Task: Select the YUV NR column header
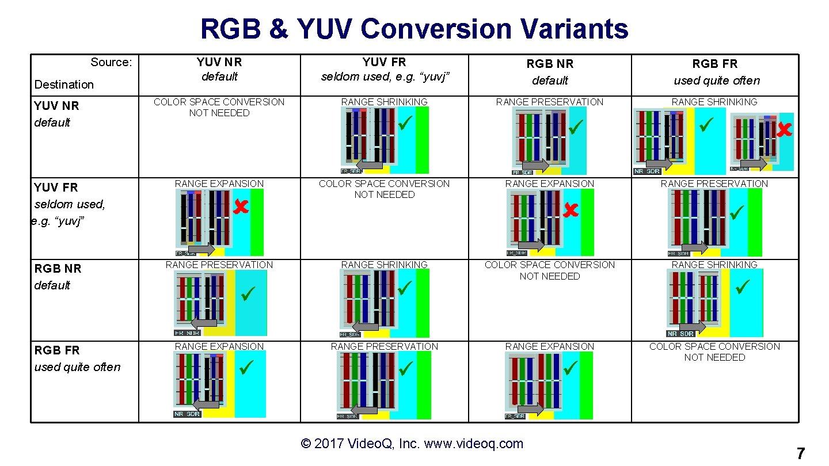tap(219, 68)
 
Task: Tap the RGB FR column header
tap(714, 72)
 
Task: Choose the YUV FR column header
tap(384, 68)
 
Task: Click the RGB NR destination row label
tap(57, 277)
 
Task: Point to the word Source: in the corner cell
tap(111, 62)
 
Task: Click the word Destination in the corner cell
tap(64, 85)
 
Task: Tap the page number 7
tap(800, 453)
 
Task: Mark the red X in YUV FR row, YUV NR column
tap(241, 207)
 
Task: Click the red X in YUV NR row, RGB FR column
tap(784, 131)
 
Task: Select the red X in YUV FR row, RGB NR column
tap(570, 211)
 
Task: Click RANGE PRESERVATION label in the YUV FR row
tap(714, 184)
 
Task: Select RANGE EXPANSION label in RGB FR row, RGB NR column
tap(549, 346)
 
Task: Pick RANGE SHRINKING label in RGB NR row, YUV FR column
tap(384, 265)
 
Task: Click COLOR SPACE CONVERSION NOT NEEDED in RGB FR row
tap(714, 352)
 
